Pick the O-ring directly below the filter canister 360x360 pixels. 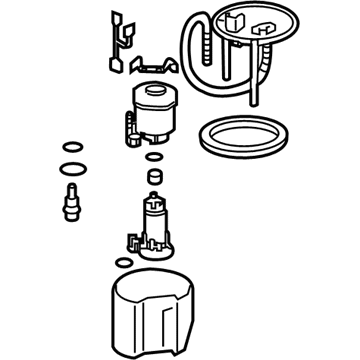(152, 156)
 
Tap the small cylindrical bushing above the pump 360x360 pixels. (153, 177)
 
